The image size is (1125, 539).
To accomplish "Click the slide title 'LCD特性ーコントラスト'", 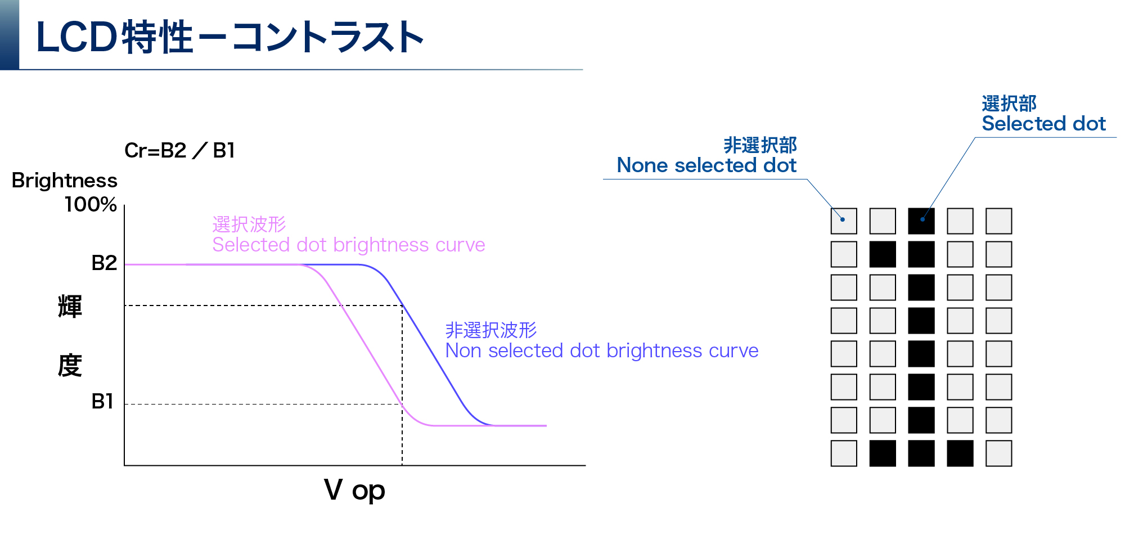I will (x=229, y=37).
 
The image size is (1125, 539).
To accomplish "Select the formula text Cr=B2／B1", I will (x=179, y=151).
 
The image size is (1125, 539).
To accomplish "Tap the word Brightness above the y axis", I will (x=64, y=181).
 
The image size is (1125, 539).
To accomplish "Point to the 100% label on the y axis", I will (x=90, y=204).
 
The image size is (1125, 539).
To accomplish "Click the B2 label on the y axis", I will (x=104, y=263).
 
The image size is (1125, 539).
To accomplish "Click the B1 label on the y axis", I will (x=102, y=402).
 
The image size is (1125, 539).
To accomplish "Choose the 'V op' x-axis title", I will (x=354, y=491).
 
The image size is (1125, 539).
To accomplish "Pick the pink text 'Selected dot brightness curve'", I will (x=348, y=245).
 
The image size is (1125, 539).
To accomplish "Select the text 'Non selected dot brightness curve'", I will (x=601, y=351).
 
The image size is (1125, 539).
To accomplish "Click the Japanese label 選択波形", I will (x=249, y=224).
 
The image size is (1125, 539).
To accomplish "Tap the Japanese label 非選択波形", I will (x=490, y=330).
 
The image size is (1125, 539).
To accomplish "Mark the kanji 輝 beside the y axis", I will (x=70, y=307).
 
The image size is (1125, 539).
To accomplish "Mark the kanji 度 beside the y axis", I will (x=70, y=366).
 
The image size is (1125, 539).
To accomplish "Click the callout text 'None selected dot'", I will (x=706, y=165).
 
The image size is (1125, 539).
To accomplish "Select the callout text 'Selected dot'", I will (x=1043, y=124).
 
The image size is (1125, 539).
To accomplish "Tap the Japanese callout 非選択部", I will (x=760, y=145).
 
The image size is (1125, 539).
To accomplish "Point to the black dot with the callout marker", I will (x=921, y=221).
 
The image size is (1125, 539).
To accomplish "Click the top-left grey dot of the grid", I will (x=844, y=221).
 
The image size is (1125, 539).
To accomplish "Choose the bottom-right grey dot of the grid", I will (x=998, y=453).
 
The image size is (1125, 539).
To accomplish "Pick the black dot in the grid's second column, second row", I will (x=883, y=254).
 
